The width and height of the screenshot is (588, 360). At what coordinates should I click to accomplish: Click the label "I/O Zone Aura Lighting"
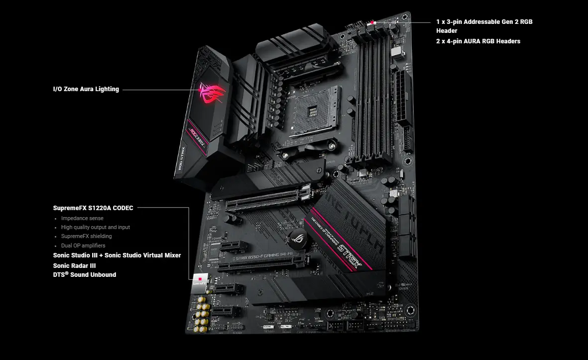[x=86, y=89]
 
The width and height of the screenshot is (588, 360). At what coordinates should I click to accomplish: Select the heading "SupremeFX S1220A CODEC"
[x=93, y=208]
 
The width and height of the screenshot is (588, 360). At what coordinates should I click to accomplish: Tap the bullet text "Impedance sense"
[x=82, y=218]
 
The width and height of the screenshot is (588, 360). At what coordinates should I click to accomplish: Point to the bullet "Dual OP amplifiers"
[x=83, y=245]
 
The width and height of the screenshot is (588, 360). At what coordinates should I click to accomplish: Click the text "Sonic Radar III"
[x=75, y=265]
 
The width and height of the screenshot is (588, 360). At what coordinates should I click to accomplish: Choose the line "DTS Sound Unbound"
[x=85, y=274]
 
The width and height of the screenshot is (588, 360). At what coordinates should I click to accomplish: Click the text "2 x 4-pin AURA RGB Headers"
[x=478, y=41]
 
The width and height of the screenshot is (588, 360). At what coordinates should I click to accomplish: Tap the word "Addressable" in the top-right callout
[x=481, y=22]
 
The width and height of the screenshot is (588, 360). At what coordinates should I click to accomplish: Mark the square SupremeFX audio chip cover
[x=200, y=282]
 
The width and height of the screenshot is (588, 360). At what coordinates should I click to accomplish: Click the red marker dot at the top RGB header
[x=372, y=22]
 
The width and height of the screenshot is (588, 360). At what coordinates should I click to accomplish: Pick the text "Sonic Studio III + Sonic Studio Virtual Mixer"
[x=117, y=255]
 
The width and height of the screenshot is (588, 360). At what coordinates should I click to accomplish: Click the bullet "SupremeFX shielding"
[x=86, y=236]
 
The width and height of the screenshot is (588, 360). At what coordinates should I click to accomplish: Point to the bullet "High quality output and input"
[x=95, y=227]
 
